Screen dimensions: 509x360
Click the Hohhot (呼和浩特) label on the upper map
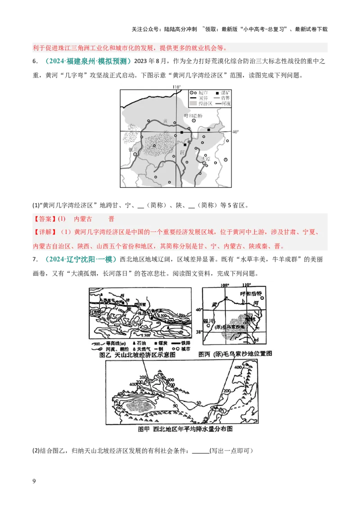tap(194, 116)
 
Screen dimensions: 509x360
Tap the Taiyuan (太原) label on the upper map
tap(205, 159)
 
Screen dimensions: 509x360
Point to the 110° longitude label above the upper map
tap(177, 86)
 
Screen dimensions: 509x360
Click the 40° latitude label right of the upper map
tap(235, 132)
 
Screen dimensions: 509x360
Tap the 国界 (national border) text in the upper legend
tap(204, 98)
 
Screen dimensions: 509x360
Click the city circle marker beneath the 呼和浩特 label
tap(194, 121)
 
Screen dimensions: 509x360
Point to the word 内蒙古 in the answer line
tap(83, 219)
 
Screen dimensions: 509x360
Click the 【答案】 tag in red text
tap(45, 219)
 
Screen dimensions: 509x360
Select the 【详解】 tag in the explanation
tap(45, 232)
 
